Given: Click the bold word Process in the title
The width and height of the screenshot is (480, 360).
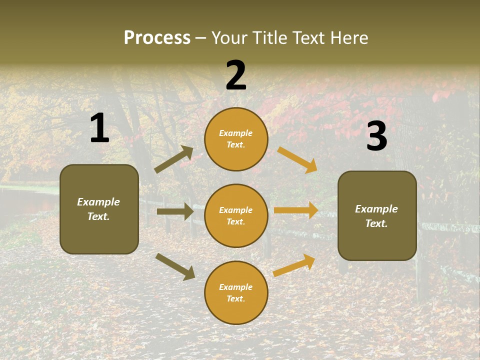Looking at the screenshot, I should (x=157, y=37).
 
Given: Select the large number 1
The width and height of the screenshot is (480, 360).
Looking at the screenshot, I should (x=99, y=128).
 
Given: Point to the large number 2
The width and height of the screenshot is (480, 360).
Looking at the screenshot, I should (x=236, y=75).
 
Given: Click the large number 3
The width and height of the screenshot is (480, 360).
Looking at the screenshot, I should (x=376, y=136).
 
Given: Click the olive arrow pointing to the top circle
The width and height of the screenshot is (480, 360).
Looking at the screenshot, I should (x=174, y=159).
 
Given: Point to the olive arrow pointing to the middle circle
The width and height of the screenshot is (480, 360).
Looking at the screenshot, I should (x=175, y=211).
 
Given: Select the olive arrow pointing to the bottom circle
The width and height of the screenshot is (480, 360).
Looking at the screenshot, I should (x=175, y=266).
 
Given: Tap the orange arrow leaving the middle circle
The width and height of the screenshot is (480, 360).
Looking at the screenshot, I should (x=296, y=210).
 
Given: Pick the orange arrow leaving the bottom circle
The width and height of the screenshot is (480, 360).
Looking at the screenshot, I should (x=294, y=265).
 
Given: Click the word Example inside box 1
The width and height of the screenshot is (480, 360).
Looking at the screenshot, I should (x=98, y=202).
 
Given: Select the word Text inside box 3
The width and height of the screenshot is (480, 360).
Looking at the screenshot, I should (x=376, y=223).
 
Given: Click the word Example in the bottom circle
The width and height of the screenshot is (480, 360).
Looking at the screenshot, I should (x=236, y=287).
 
